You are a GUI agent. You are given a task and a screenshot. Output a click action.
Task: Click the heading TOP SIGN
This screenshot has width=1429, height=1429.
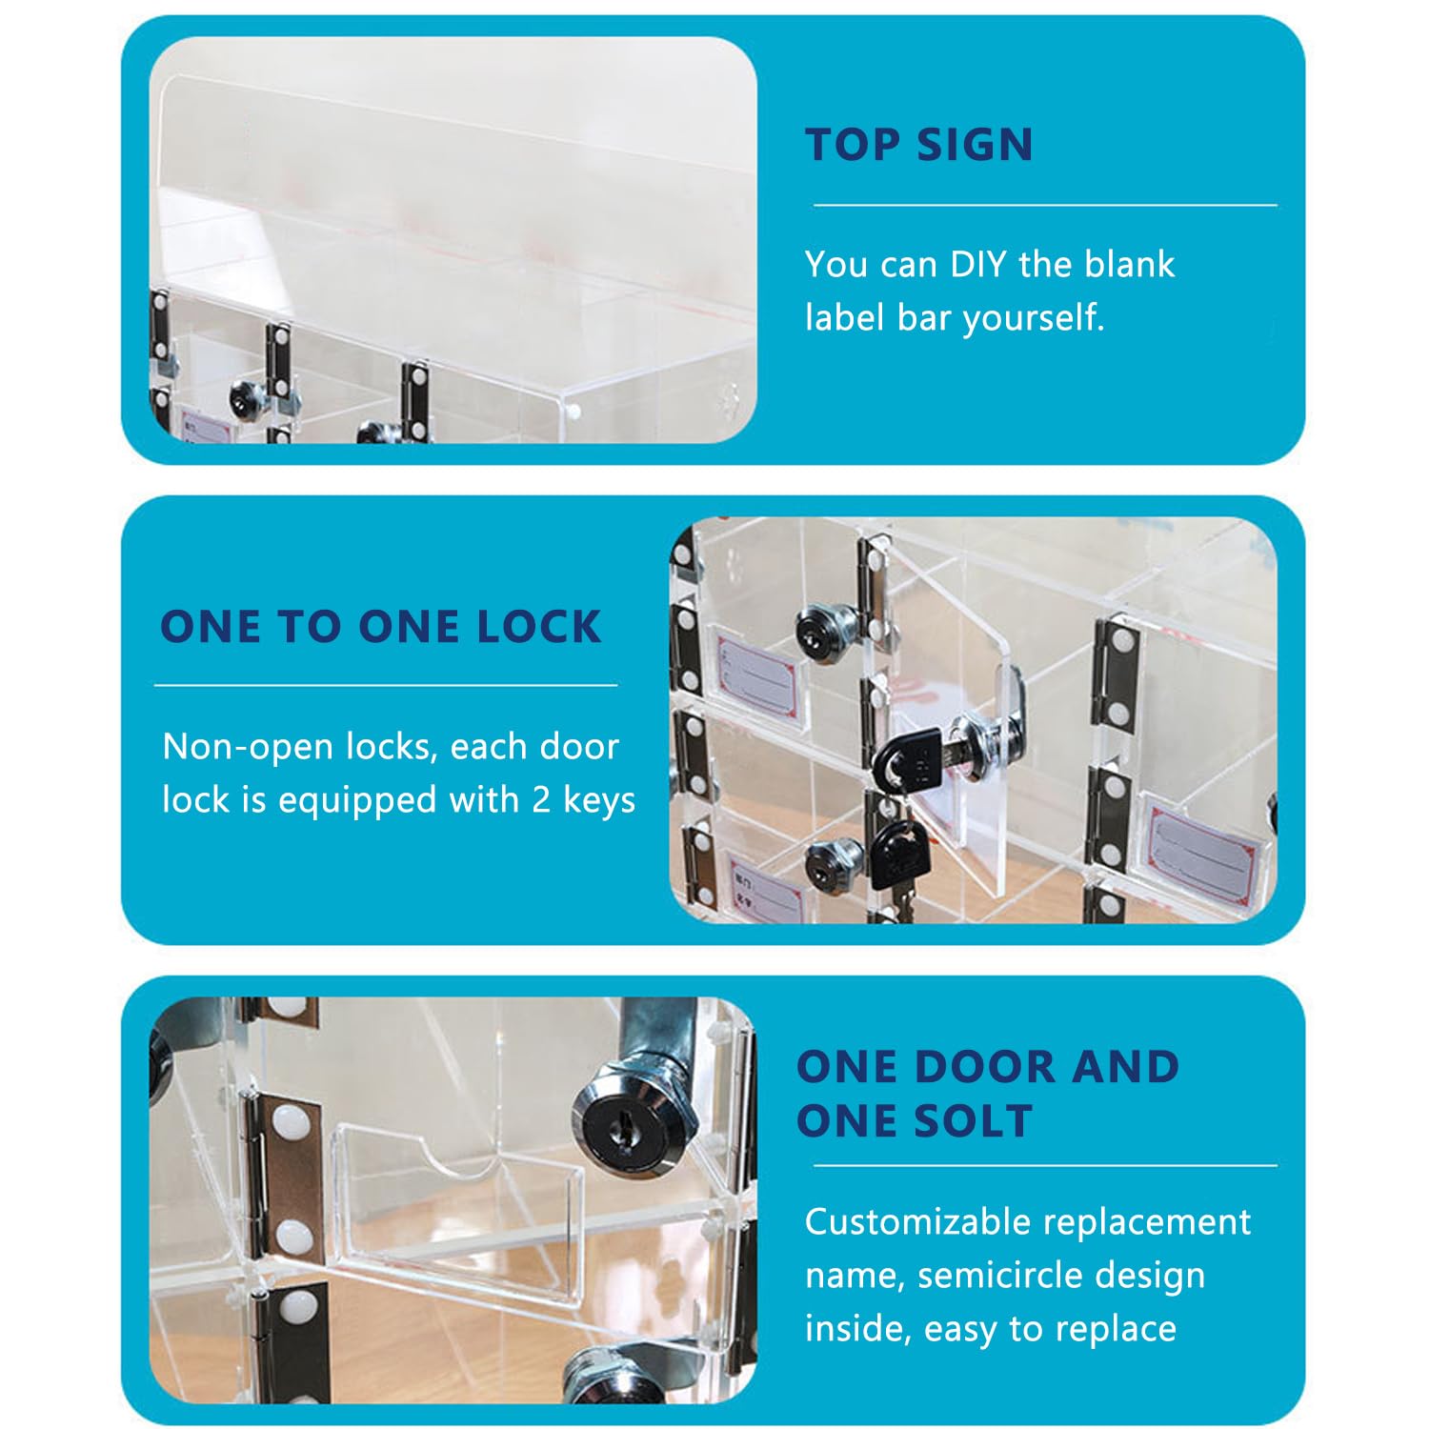(919, 145)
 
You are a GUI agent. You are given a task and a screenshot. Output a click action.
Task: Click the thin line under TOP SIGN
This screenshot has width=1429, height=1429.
(1045, 205)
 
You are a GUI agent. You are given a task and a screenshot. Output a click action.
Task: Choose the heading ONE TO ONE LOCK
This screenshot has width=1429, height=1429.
(381, 627)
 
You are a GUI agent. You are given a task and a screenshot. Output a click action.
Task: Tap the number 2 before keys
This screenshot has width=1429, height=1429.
(541, 800)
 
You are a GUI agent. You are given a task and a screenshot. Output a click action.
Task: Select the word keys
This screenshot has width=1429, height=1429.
(599, 800)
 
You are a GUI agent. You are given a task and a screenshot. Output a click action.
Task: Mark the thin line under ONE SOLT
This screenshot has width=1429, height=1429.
(1045, 1165)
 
